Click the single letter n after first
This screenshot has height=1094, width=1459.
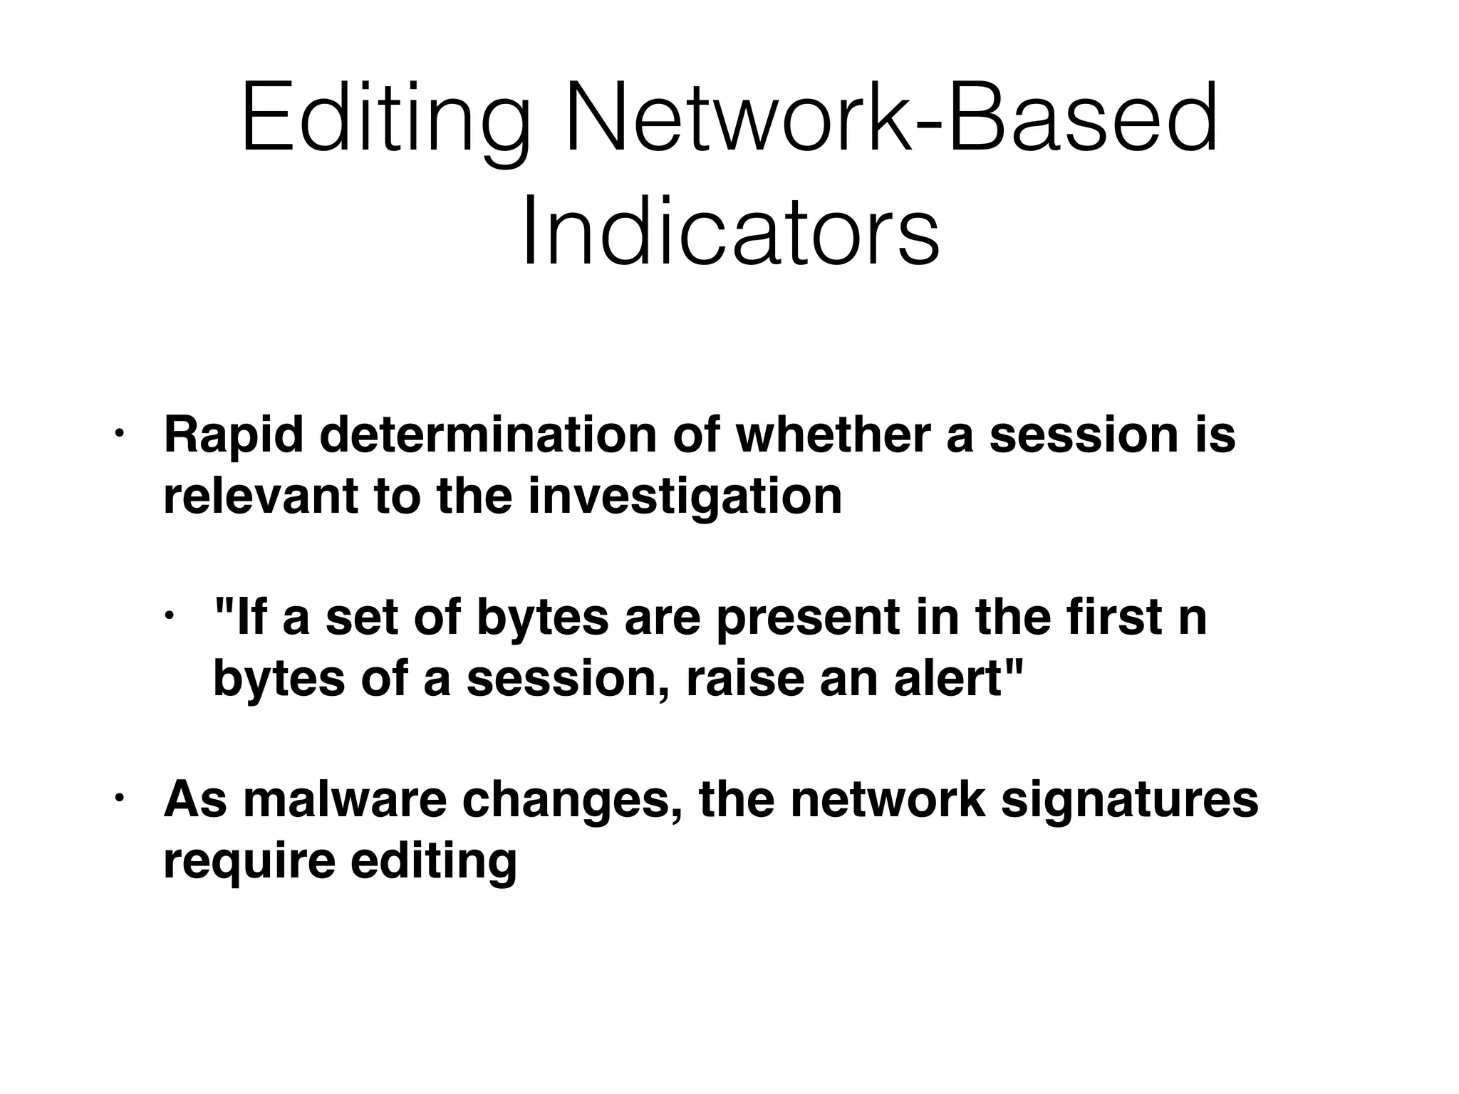point(1193,618)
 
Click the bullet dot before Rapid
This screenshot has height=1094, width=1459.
point(119,432)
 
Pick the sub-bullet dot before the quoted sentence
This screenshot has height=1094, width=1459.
point(169,615)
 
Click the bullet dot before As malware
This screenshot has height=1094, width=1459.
point(119,797)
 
